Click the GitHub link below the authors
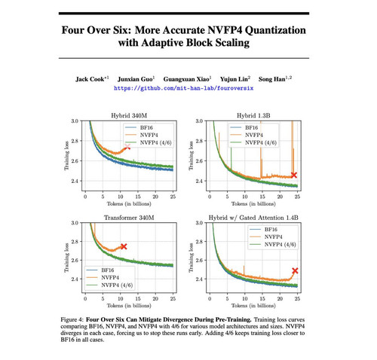tap(183, 88)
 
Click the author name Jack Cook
tap(90, 79)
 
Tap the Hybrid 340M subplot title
tap(129, 115)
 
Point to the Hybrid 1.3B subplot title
tap(253, 115)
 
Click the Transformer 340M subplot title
tap(129, 218)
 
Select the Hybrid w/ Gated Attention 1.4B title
tap(253, 218)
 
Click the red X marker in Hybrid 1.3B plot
tap(294, 175)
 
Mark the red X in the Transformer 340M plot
tap(124, 246)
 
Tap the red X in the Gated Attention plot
tap(295, 270)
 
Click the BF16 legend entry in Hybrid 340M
tap(139, 127)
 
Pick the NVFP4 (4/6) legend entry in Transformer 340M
tap(109, 285)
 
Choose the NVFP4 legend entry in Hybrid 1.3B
tap(244, 135)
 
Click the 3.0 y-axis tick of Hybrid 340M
tap(75, 121)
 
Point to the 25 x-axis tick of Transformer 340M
tap(173, 299)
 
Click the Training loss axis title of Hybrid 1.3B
tap(191, 156)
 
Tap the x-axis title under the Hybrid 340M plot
tap(129, 203)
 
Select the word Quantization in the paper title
tap(275, 30)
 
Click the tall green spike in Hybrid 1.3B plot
tap(231, 158)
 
